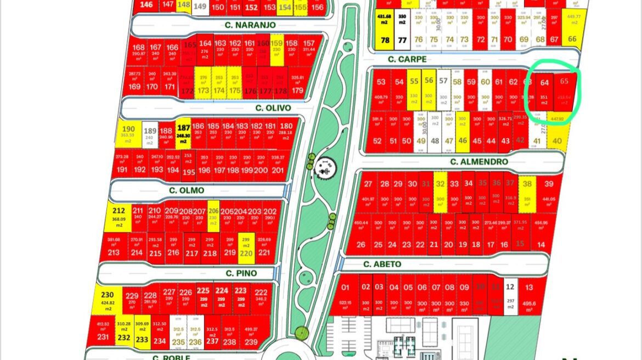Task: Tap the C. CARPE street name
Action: point(407,59)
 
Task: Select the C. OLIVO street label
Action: point(273,108)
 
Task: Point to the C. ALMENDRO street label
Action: point(478,161)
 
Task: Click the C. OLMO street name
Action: point(186,190)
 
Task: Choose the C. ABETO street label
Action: point(382,264)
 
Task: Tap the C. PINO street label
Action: point(242,273)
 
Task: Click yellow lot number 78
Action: point(385,40)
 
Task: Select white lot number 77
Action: point(402,40)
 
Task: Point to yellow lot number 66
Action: point(572,39)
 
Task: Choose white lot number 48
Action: point(435,140)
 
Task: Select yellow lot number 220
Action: point(246,253)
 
